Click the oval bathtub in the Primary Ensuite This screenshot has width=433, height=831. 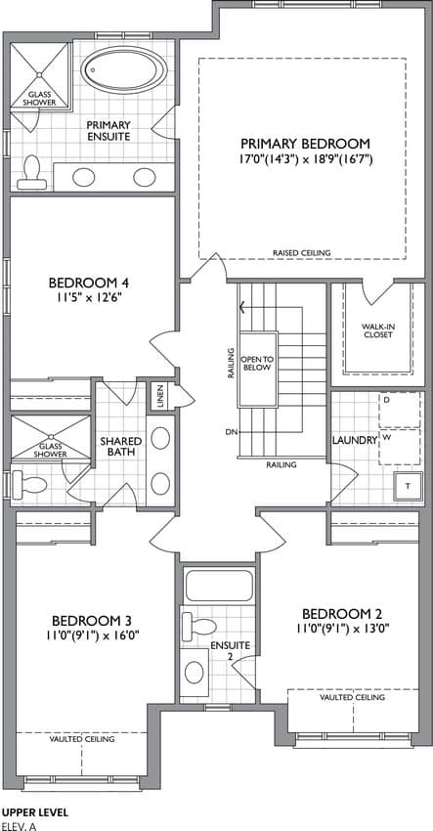coord(124,68)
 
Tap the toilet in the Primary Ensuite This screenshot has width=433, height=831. coord(31,172)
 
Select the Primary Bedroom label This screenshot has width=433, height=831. coord(305,144)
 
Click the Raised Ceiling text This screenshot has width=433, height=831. coord(302,253)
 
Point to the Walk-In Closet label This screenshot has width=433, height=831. coord(377,331)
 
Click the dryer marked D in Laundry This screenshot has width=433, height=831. coord(400,410)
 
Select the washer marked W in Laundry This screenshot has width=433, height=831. coord(400,446)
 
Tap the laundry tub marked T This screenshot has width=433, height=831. coord(409,486)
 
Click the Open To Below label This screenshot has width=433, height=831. coord(258,363)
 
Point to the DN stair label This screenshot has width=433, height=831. coord(230,432)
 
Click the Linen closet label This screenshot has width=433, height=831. coord(160,395)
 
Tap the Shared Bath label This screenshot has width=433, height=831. coord(121,446)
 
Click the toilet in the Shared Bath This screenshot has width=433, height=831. coord(29,484)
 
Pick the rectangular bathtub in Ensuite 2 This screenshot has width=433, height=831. coord(218,586)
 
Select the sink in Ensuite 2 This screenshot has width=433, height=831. coord(194,672)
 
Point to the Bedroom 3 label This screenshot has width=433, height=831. coord(92,620)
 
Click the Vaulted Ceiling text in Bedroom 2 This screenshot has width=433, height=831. coord(353,697)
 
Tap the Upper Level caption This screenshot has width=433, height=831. coord(35,811)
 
